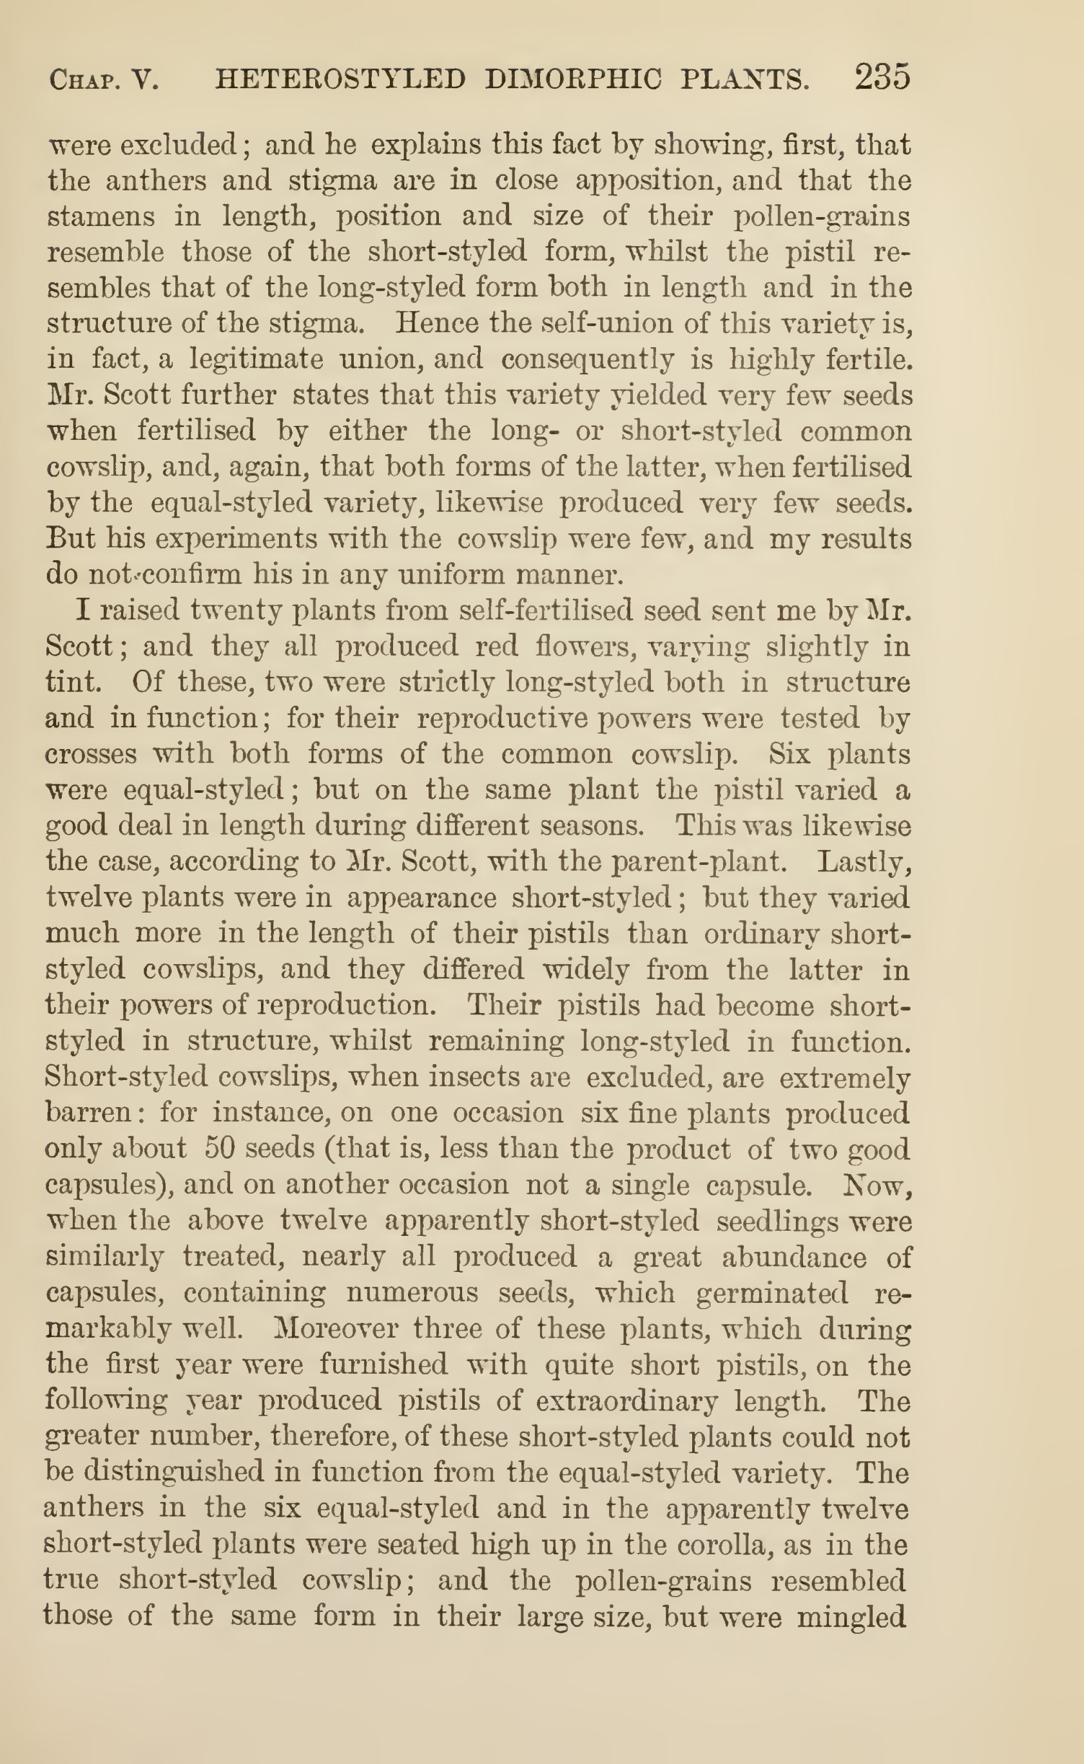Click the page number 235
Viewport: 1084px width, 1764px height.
click(882, 77)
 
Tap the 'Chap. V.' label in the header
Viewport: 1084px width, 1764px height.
click(104, 79)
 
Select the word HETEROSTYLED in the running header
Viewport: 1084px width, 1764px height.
click(340, 79)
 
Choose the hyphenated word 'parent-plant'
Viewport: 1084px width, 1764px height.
click(699, 861)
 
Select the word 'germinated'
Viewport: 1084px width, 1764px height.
click(772, 1293)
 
